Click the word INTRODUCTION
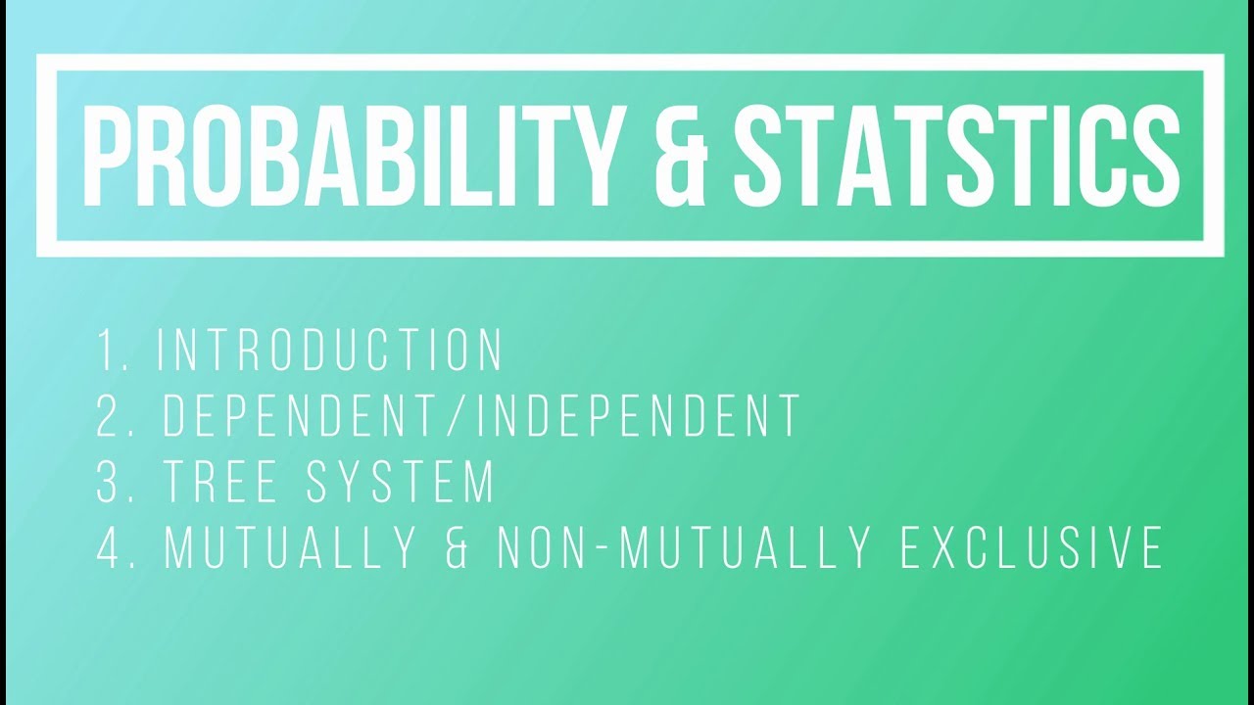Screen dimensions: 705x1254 pyautogui.click(x=331, y=351)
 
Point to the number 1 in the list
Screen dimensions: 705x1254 pyautogui.click(x=106, y=351)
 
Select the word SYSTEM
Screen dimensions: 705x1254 pyautogui.click(x=401, y=482)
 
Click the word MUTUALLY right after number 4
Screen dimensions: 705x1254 pyautogui.click(x=292, y=547)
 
